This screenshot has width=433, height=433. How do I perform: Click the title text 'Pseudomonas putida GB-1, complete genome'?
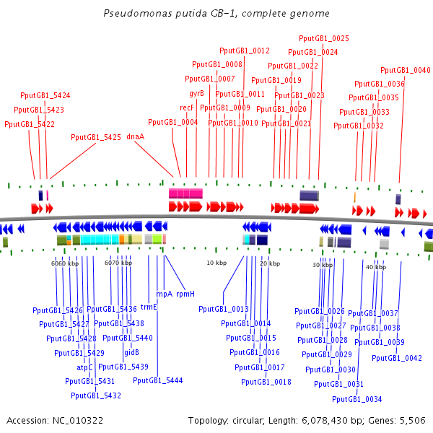point(216,14)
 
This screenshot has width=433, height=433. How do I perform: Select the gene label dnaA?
point(136,136)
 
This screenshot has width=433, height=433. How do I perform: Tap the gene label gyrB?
point(196,94)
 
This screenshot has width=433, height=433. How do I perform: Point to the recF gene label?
point(187,108)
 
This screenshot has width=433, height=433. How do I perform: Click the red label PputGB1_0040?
point(406,70)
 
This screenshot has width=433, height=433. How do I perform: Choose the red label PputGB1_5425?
point(96,136)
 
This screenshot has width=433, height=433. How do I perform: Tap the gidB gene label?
point(131,353)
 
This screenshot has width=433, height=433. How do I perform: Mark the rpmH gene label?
point(185,294)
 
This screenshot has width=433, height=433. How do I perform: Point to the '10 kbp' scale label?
point(216,263)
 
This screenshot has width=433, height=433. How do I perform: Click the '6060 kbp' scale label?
point(64,263)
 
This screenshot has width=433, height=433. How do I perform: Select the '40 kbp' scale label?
point(375,267)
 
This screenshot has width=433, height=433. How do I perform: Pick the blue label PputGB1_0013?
point(223,309)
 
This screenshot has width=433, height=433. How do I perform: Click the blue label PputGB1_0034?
point(357,399)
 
